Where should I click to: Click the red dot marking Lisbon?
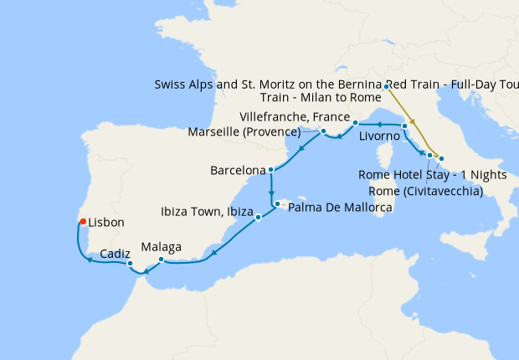[82, 222]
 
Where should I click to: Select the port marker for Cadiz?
[130, 264]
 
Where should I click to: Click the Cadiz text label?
[114, 252]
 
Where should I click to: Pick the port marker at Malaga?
[161, 259]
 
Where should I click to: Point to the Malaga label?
[161, 247]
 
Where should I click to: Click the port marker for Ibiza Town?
[258, 218]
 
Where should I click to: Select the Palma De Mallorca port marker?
[277, 203]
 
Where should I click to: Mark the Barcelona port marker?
[270, 170]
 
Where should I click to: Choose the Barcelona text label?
[238, 170]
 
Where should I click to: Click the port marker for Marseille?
[323, 131]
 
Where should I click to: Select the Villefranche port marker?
[356, 123]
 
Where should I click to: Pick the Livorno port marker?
[405, 126]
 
